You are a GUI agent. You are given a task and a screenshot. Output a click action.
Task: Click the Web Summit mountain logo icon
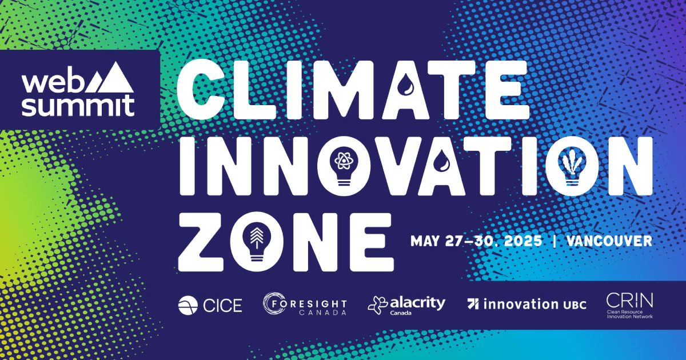click(x=109, y=78)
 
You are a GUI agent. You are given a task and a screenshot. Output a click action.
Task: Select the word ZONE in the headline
click(x=286, y=242)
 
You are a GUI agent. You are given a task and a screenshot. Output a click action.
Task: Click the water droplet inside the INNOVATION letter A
click(x=442, y=160)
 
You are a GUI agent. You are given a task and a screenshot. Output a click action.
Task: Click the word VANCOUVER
click(x=609, y=241)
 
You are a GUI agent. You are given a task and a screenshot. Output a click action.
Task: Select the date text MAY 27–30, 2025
click(x=476, y=241)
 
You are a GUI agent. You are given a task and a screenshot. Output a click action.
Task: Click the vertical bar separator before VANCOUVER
click(x=555, y=241)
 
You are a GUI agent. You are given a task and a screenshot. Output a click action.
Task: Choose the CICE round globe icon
click(x=188, y=305)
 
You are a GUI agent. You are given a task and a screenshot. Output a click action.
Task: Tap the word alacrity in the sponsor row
click(x=418, y=303)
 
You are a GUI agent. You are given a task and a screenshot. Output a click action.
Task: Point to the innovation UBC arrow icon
click(x=473, y=303)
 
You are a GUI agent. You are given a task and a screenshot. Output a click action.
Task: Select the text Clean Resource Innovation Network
click(x=629, y=314)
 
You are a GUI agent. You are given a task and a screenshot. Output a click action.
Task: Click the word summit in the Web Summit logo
click(x=78, y=106)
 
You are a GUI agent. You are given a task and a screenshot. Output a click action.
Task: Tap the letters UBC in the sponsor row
click(x=575, y=305)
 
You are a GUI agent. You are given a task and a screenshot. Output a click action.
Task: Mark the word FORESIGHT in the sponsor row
click(x=310, y=303)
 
